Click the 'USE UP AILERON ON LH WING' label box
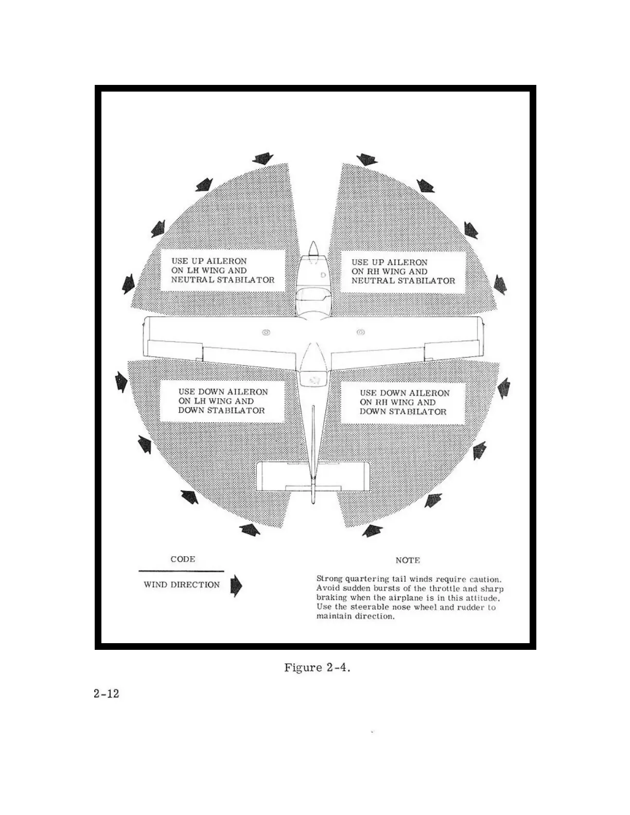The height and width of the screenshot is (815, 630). pos(222,271)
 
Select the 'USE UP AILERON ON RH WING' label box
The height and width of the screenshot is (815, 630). pos(403,272)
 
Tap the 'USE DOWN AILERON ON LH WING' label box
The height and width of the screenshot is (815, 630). pos(222,401)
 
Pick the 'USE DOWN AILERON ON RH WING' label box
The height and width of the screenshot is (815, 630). pos(404,402)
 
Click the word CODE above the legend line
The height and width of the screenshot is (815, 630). pos(183,559)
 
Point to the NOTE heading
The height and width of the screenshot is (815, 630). pos(408,560)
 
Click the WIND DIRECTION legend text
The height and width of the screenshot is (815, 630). pos(182,584)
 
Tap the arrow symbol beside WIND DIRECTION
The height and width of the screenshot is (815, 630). pos(236,586)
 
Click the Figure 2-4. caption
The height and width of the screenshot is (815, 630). pos(317,668)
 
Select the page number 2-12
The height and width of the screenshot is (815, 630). pos(107,694)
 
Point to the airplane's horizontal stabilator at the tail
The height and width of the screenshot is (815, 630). pos(312,475)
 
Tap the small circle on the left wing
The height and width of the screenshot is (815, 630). pos(266,332)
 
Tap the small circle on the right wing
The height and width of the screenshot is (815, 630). pos(361,332)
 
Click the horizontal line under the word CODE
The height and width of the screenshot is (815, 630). pos(181,571)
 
